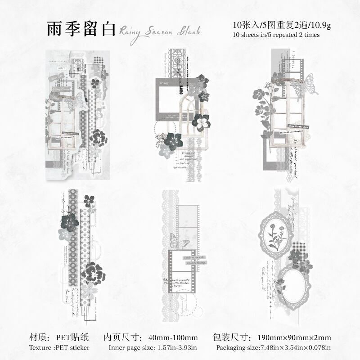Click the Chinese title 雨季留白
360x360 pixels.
pyautogui.click(x=81, y=28)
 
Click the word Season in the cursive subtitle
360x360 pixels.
pyautogui.click(x=153, y=31)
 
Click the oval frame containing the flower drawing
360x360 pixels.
pyautogui.click(x=273, y=233)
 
